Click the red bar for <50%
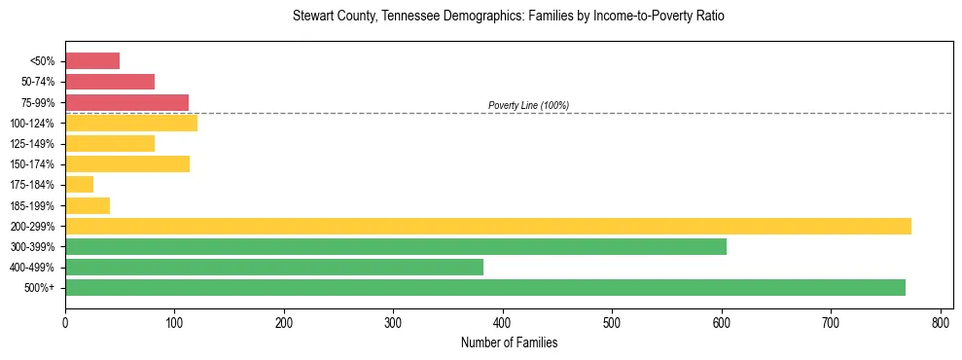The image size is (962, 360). (92, 61)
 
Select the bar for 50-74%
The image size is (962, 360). (110, 82)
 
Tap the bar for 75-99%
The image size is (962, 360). (126, 102)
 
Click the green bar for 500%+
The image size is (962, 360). (485, 287)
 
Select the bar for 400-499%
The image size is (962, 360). (274, 267)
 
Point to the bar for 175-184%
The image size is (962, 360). (79, 185)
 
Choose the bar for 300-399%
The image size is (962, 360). (396, 246)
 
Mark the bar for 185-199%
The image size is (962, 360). (88, 205)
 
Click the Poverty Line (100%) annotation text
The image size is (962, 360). (528, 105)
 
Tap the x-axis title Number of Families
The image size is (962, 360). (509, 342)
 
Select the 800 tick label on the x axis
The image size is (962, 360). (941, 321)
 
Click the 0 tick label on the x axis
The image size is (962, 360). (65, 321)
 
